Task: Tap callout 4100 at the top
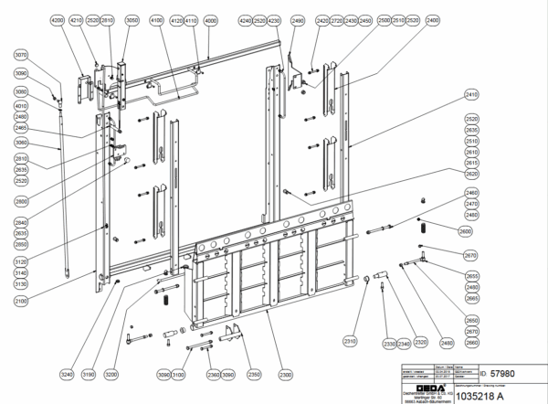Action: (156, 19)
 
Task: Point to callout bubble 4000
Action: (211, 19)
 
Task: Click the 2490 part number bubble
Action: (297, 19)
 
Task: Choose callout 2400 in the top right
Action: (482, 19)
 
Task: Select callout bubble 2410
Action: (471, 94)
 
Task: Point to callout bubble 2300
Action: (285, 374)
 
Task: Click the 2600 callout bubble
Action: (465, 232)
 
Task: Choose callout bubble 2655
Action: (471, 275)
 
